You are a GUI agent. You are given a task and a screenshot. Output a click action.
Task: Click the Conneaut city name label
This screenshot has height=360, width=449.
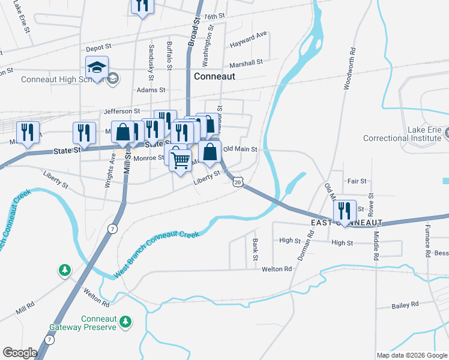pyautogui.click(x=214, y=77)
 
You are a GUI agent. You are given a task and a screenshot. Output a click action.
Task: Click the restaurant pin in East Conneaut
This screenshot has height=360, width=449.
pyautogui.click(x=344, y=211)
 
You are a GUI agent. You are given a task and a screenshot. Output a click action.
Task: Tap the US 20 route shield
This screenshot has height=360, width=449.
pyautogui.click(x=238, y=181)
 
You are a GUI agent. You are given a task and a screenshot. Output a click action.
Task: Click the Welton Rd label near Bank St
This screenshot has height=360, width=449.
pyautogui.click(x=276, y=269)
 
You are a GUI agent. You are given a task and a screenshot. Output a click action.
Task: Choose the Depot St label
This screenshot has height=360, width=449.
pyautogui.click(x=99, y=46)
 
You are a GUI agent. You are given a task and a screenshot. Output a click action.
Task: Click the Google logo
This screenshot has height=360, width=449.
pyautogui.click(x=20, y=353)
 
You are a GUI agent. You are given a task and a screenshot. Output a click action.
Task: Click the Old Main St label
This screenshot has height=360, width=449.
pyautogui.click(x=240, y=149)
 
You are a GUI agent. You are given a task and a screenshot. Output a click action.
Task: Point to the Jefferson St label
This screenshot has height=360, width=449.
pyautogui.click(x=122, y=111)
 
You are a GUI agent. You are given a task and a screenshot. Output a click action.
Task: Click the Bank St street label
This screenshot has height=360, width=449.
pyautogui.click(x=256, y=249)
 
